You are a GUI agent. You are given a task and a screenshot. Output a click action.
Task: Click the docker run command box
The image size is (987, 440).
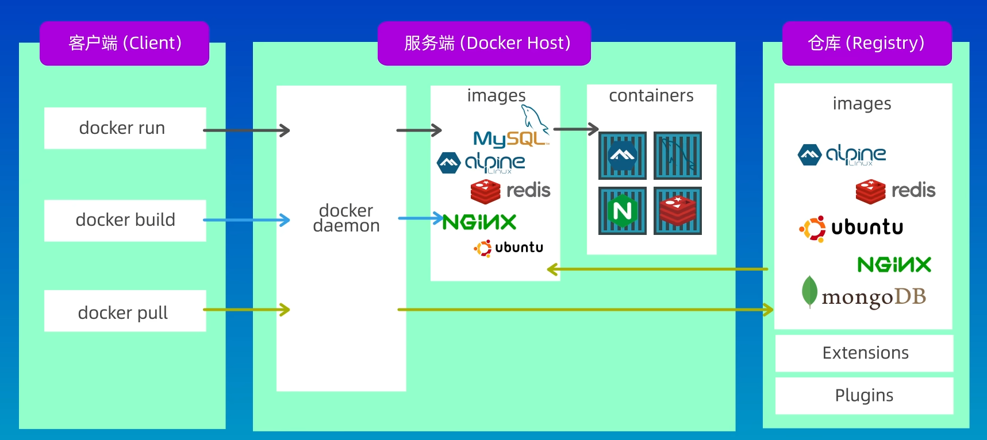[125, 128]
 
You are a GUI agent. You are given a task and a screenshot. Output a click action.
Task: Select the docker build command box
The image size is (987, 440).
[125, 220]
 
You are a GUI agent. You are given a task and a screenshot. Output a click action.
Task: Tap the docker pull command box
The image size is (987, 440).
[125, 311]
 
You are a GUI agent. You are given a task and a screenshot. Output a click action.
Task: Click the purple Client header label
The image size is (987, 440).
[124, 43]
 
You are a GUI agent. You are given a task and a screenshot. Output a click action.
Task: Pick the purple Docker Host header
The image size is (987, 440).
[484, 43]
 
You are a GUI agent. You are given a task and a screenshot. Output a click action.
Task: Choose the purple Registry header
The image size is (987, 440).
[866, 43]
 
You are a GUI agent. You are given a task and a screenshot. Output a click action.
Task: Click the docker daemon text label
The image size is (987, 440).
[346, 218]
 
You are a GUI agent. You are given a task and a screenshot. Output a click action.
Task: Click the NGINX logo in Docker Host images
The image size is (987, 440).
[479, 222]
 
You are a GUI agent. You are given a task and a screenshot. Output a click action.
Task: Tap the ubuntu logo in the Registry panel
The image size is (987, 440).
[851, 228]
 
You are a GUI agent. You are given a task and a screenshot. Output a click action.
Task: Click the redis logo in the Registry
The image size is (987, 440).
[895, 191]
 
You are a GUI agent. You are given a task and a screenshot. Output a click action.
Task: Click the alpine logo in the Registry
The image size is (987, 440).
[842, 155]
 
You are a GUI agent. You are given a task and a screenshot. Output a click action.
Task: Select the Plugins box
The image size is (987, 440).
[864, 395]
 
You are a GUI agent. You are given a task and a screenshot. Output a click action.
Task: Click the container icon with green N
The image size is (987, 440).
[623, 211]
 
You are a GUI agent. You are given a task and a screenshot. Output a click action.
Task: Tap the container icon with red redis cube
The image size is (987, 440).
[678, 211]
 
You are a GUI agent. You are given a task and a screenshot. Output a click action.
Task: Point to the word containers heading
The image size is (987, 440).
[651, 95]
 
